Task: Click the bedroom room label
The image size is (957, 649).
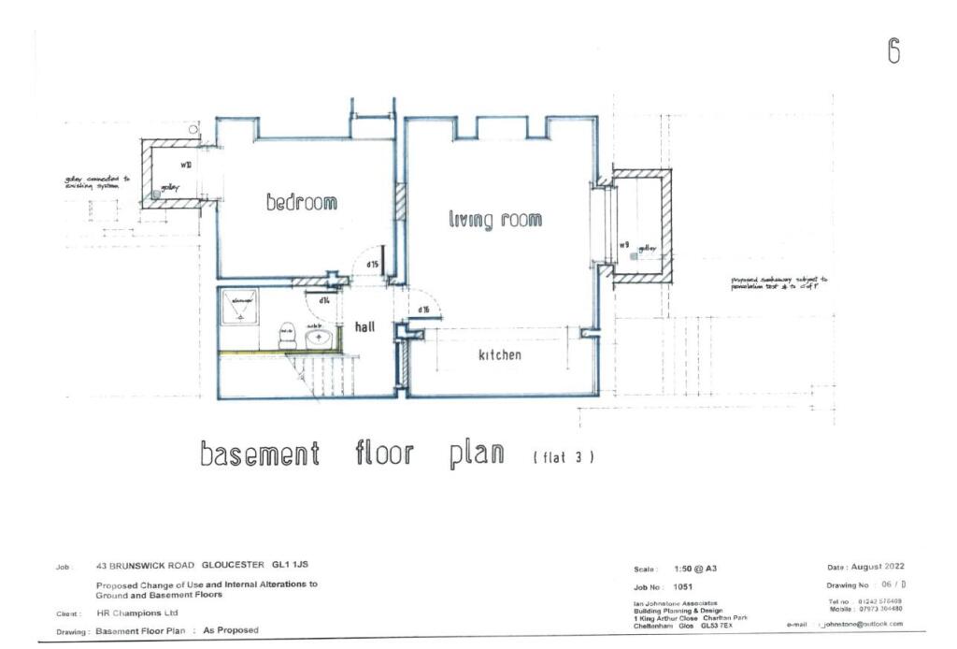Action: point(301,202)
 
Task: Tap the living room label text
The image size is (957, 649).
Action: point(494,220)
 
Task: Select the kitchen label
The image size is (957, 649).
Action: point(500,355)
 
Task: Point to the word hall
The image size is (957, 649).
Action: point(364,327)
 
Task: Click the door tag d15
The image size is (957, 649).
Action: point(372,266)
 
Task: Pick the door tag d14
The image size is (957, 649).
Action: point(324,301)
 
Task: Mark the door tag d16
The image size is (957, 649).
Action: point(423,310)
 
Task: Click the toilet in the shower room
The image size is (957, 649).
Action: point(287,333)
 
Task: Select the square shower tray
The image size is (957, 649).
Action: point(241,308)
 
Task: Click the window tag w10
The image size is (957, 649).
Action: point(186,165)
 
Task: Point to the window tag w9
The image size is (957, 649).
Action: point(623,245)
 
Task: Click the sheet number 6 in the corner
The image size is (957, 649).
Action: point(893,52)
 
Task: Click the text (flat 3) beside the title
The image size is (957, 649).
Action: point(564,457)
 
